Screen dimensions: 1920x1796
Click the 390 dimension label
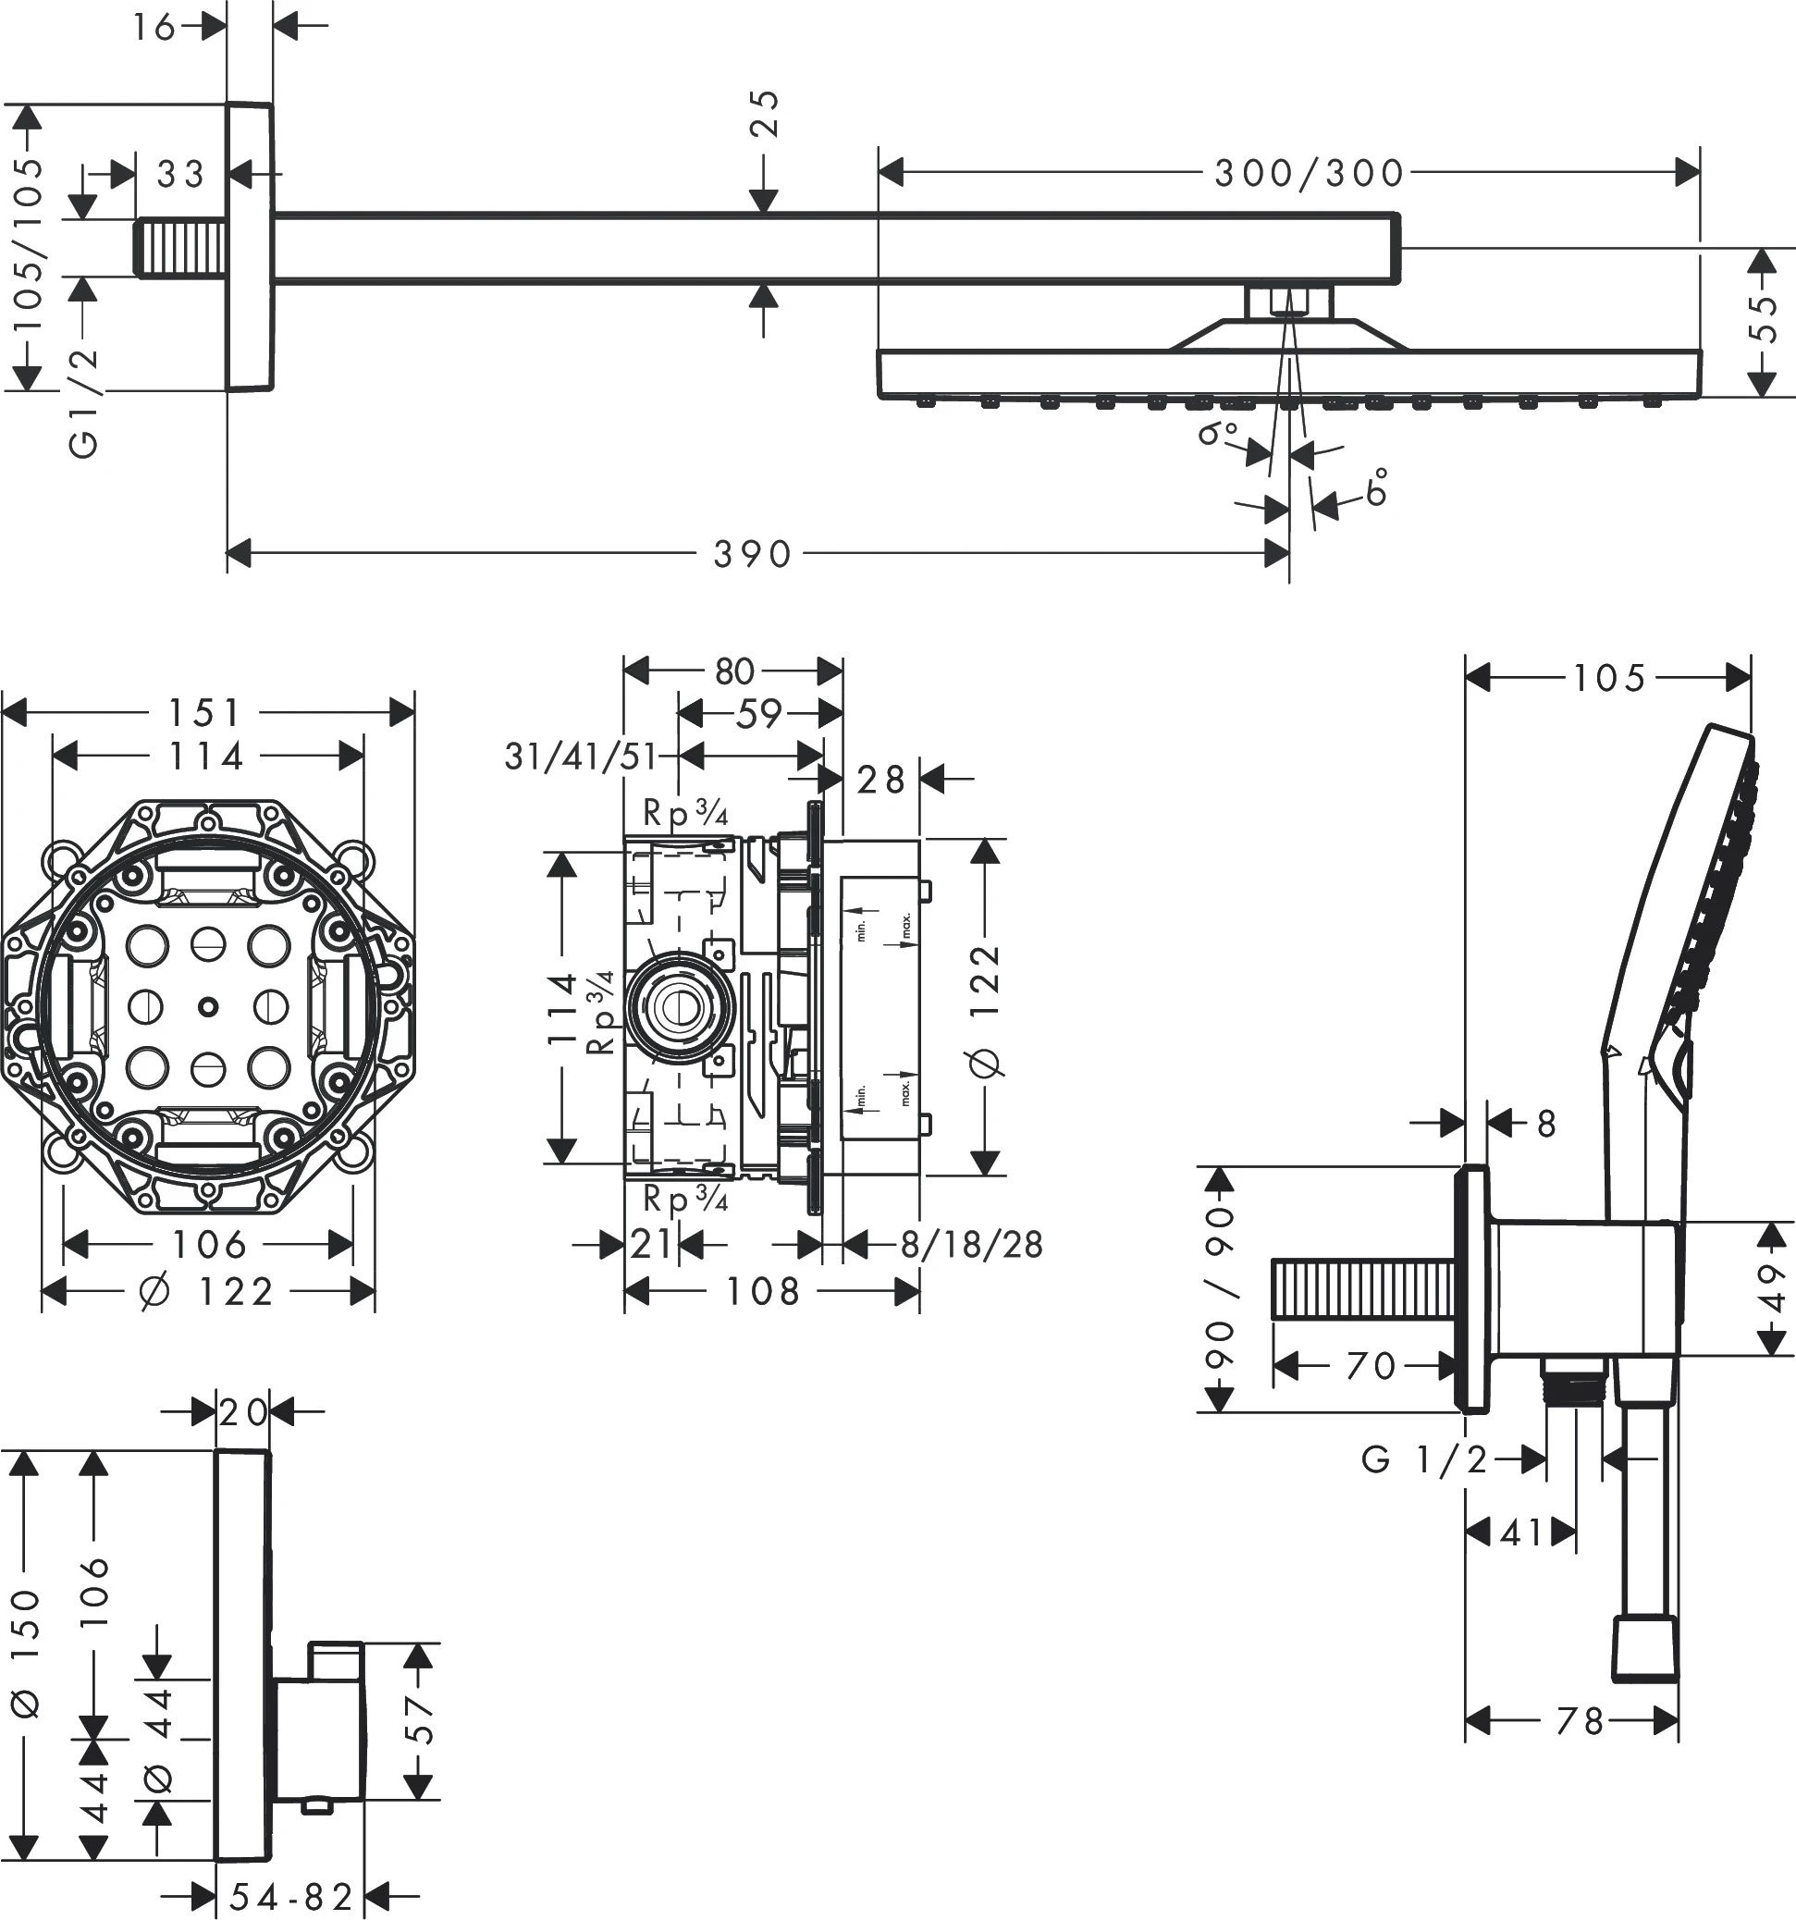pos(752,554)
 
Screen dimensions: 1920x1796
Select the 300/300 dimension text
pos(1309,174)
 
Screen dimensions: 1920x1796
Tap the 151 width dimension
pos(204,714)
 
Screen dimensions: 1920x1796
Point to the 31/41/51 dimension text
pos(580,757)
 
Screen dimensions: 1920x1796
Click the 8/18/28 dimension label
pos(971,1245)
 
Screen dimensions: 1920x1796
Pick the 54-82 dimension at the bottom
pos(291,1897)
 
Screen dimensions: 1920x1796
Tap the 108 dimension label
pos(763,1291)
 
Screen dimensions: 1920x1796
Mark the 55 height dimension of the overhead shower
pos(1764,318)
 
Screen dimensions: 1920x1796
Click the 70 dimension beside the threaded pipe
pos(1371,1366)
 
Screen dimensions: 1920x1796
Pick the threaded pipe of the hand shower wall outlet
pos(1364,1288)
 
